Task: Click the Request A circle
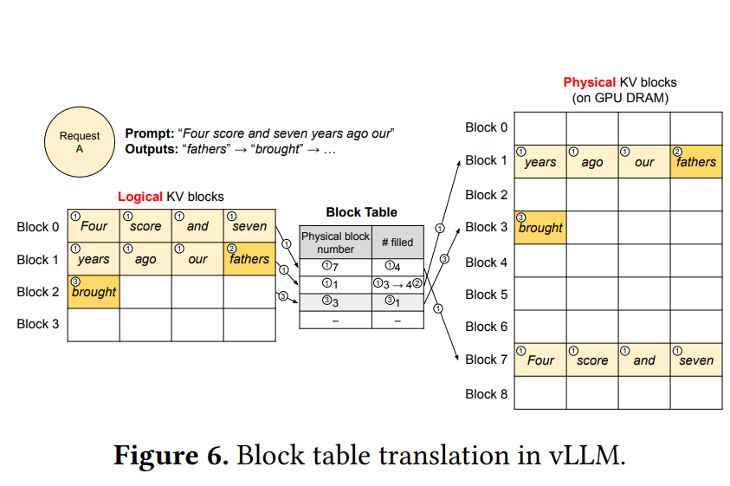tap(80, 142)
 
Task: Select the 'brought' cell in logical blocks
tap(94, 292)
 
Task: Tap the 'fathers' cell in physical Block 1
tap(696, 161)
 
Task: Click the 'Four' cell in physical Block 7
tap(540, 360)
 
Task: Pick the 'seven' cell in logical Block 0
tap(249, 226)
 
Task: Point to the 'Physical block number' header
tap(335, 243)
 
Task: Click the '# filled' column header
tap(397, 243)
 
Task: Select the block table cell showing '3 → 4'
tap(397, 284)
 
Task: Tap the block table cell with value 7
tap(335, 267)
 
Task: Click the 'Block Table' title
tap(361, 212)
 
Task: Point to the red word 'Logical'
tap(139, 197)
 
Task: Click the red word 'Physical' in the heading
tap(590, 82)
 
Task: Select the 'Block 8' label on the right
tap(486, 394)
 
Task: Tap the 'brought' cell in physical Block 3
tap(540, 227)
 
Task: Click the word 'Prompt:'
tap(150, 133)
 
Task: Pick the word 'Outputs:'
tap(152, 149)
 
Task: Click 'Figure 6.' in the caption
tap(171, 456)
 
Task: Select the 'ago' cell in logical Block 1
tap(145, 259)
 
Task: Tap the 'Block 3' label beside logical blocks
tap(38, 324)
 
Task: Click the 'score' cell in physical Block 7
tap(592, 360)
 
